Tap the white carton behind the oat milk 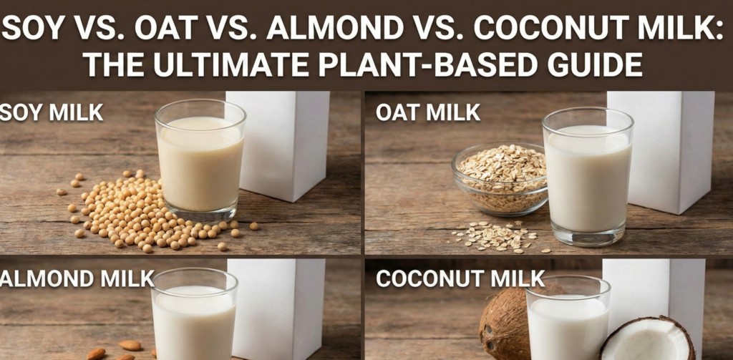coord(666,150)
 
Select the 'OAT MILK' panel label coord(427,112)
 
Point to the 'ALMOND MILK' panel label coord(77,278)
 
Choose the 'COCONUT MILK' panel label coord(460,278)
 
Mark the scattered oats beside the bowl coord(494,237)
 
